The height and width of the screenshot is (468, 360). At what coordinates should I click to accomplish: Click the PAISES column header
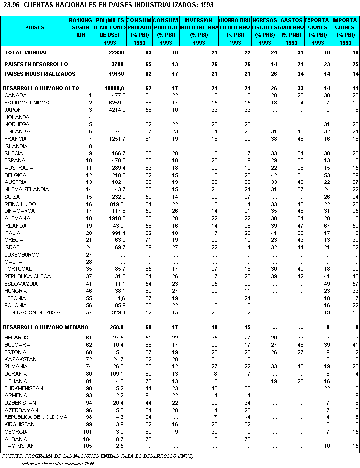34,27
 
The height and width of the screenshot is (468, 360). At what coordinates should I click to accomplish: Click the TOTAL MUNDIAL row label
26,52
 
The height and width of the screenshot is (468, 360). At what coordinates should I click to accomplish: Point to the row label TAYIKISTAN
20,446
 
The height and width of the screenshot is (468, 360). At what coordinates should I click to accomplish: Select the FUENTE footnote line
98,456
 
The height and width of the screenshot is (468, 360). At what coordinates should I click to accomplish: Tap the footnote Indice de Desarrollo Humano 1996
58,463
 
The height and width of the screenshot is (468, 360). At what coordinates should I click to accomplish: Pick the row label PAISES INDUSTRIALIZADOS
40,74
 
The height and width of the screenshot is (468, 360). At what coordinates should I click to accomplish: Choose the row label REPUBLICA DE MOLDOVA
35,417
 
